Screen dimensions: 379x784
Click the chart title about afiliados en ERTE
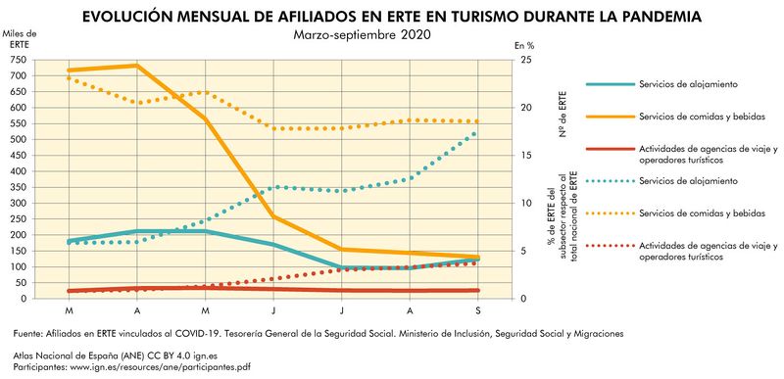coord(392,17)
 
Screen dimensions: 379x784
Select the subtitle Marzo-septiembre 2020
coord(362,35)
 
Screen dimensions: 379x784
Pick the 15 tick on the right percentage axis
coord(526,155)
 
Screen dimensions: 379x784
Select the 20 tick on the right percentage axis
coord(526,107)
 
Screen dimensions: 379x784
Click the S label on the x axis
coord(478,310)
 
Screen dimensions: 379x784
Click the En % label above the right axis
coord(525,46)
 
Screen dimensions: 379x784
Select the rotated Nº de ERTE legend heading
coord(563,113)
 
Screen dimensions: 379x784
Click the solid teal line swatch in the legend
coord(608,84)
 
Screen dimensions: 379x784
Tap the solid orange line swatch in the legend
coord(608,118)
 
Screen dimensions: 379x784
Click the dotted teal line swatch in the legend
coord(608,181)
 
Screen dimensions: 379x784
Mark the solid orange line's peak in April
coord(137,66)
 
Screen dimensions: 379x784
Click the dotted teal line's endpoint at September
coord(478,130)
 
